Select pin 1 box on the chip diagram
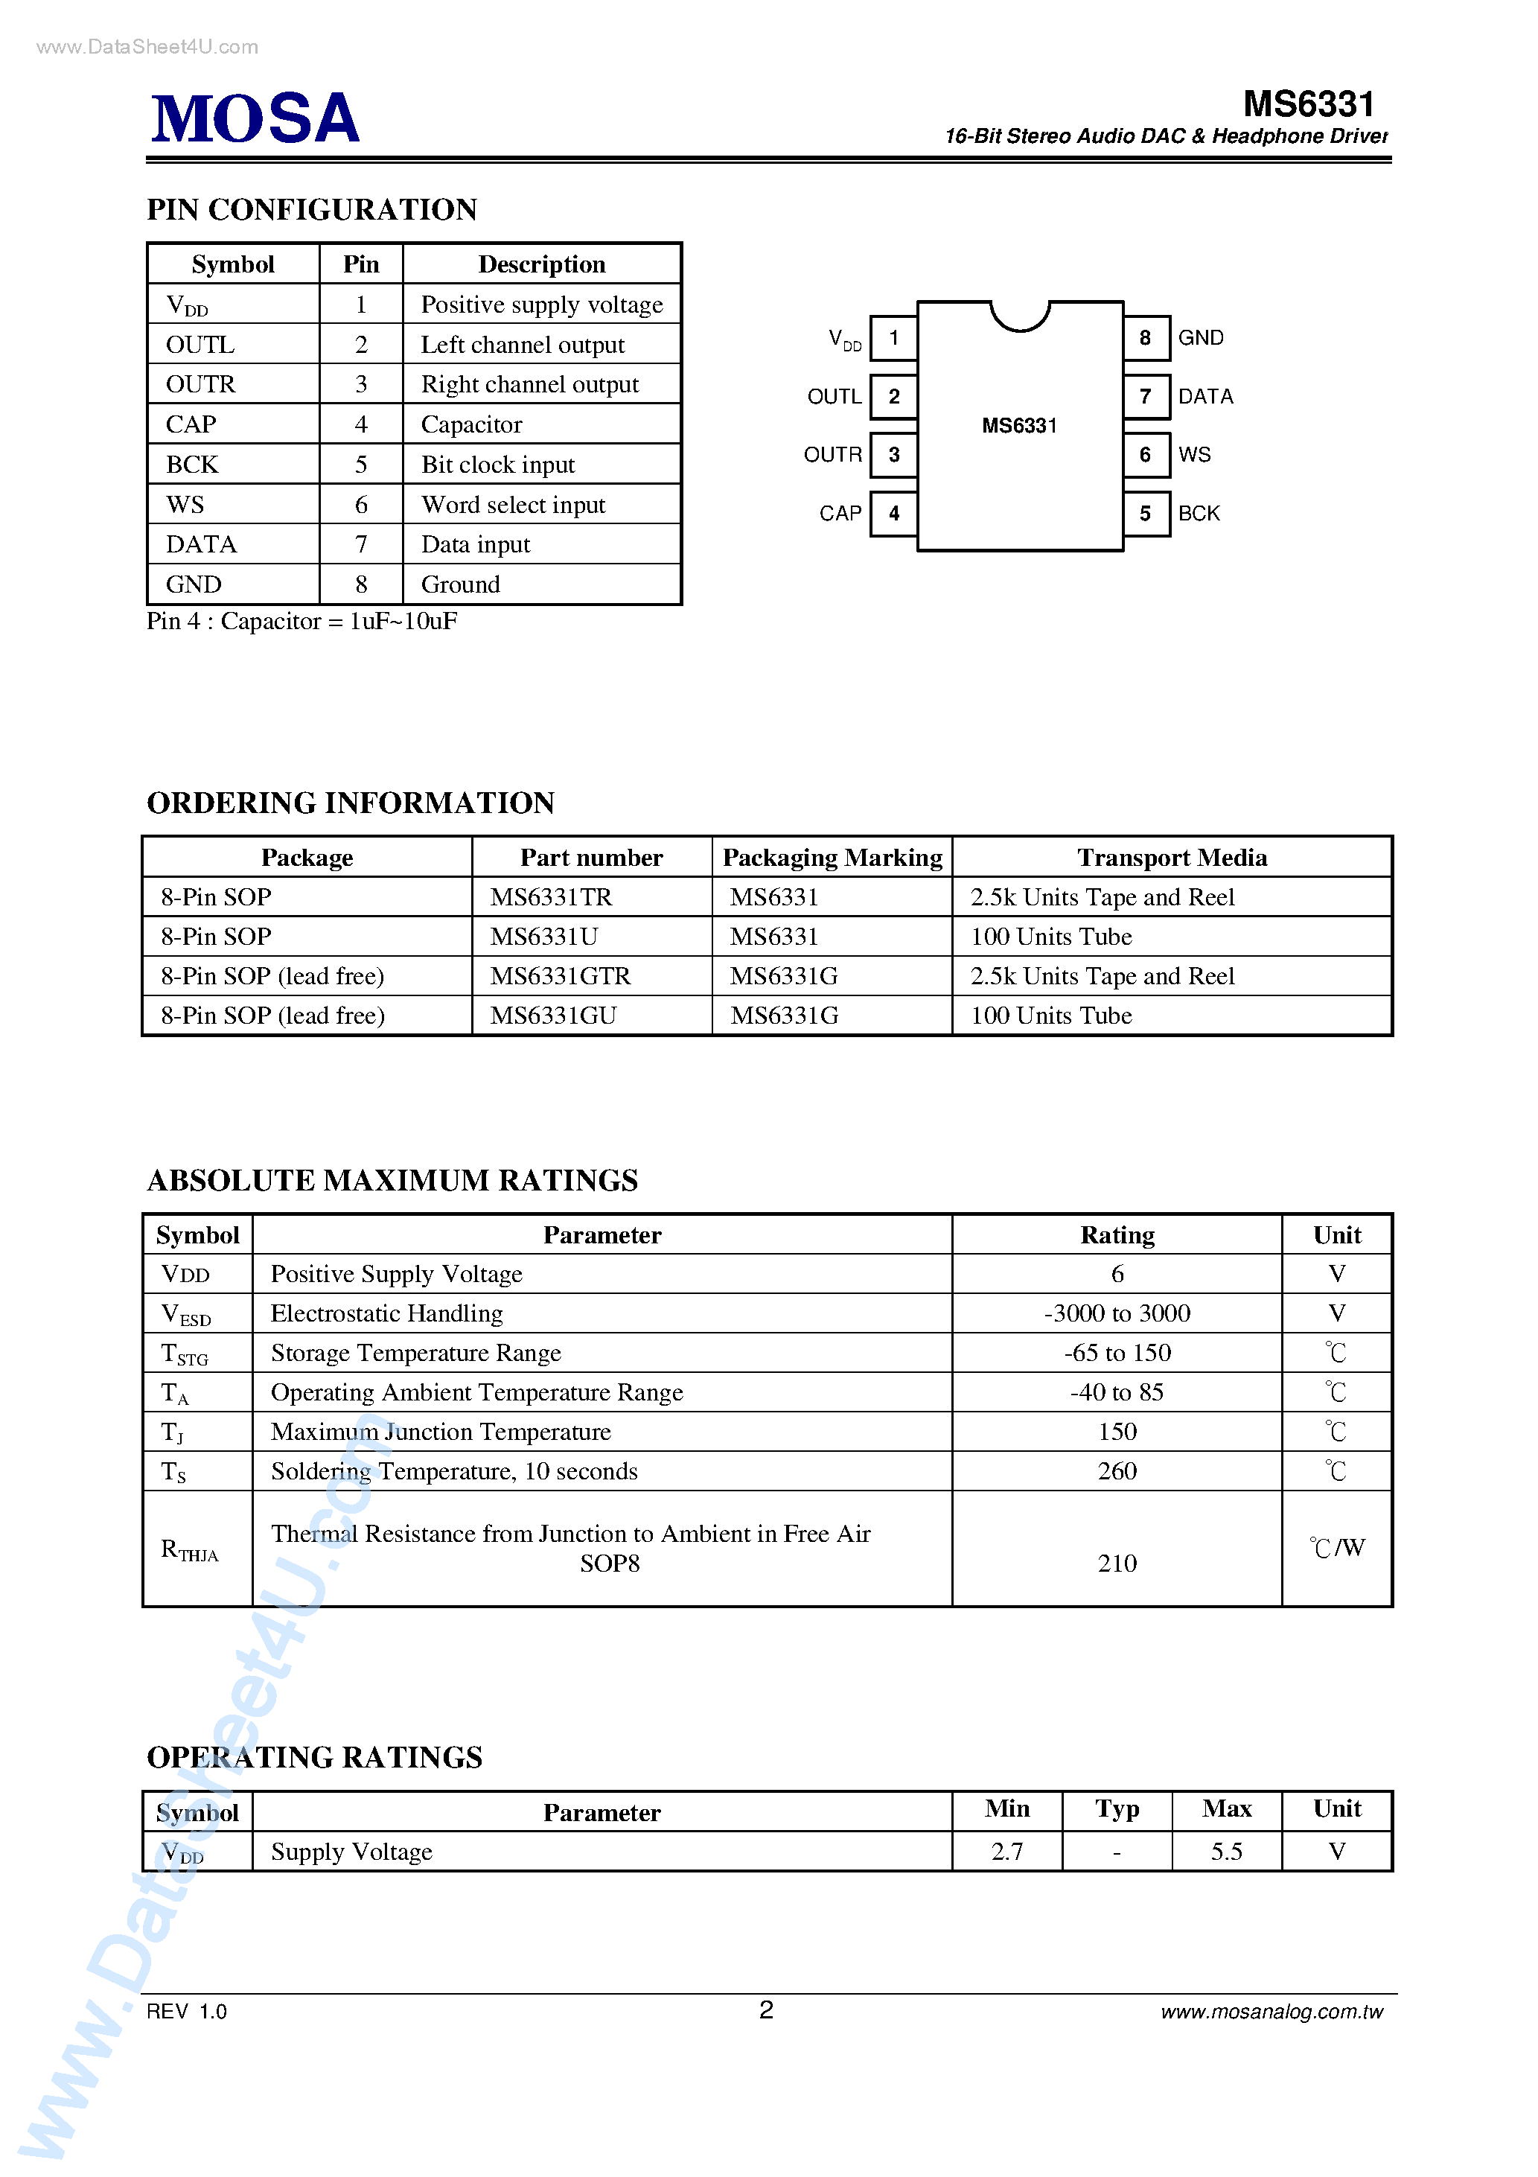(x=893, y=339)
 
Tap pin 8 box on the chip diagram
(x=1146, y=339)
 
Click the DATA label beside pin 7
(x=1205, y=396)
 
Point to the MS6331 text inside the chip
(x=1018, y=426)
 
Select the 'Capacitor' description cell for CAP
(x=471, y=425)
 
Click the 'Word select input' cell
(x=513, y=505)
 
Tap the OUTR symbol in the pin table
(x=200, y=385)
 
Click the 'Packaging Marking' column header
(x=832, y=857)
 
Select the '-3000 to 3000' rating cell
(x=1116, y=1313)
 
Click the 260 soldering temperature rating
(x=1116, y=1472)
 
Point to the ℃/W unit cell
(x=1336, y=1549)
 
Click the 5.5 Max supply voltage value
(x=1226, y=1852)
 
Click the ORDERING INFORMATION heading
(x=350, y=803)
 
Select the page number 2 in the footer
(x=766, y=2010)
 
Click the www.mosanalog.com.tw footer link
(x=1271, y=2012)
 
